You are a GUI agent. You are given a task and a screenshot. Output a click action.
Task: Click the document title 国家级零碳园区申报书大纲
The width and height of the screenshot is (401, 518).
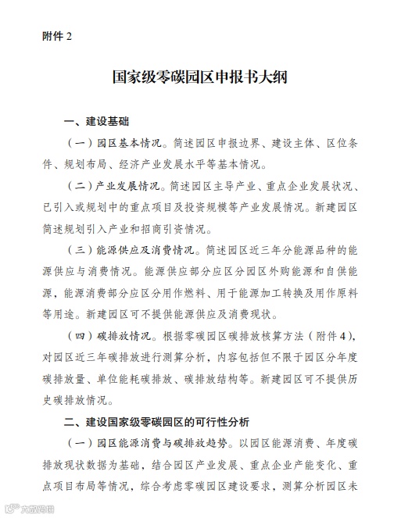tap(200, 80)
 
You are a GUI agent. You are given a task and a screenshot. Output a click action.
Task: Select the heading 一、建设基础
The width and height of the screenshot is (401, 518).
tap(97, 123)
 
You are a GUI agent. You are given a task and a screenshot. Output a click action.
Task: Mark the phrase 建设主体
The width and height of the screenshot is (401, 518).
tap(282, 145)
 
